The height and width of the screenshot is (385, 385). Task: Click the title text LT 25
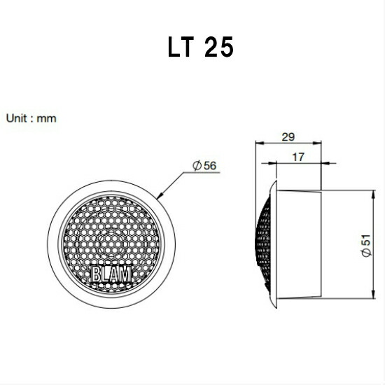click(x=200, y=47)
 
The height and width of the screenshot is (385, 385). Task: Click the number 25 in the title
click(x=218, y=47)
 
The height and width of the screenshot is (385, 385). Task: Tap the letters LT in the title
click(x=181, y=47)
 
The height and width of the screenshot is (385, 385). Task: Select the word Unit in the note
click(x=17, y=118)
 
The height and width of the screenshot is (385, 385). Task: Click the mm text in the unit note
click(x=46, y=119)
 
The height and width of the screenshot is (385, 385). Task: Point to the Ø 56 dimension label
click(x=204, y=165)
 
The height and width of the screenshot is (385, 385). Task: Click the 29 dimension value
click(x=288, y=136)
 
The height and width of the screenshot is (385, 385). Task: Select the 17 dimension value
click(x=298, y=157)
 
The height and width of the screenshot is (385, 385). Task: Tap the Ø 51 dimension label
click(x=366, y=246)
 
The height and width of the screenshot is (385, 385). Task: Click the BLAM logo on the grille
click(x=112, y=274)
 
